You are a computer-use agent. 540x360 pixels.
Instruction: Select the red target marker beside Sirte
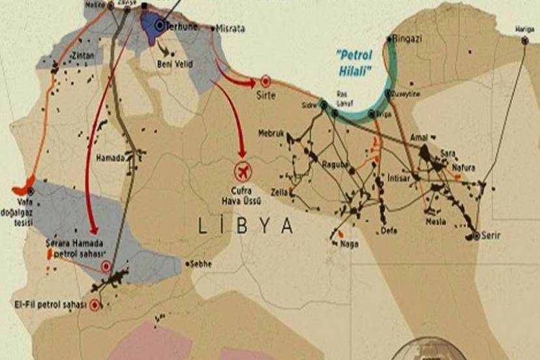pyautogui.click(x=265, y=82)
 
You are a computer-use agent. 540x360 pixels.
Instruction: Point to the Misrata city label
pyautogui.click(x=233, y=29)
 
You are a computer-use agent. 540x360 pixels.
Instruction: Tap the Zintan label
pyautogui.click(x=83, y=55)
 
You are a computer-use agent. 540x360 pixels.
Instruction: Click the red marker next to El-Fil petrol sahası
pyautogui.click(x=96, y=304)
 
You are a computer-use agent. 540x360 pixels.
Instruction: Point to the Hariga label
pyautogui.click(x=524, y=29)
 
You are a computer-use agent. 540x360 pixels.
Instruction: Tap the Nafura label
pyautogui.click(x=464, y=168)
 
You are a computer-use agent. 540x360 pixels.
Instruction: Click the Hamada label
pyautogui.click(x=110, y=157)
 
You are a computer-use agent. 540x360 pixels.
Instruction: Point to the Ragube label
pyautogui.click(x=337, y=166)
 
